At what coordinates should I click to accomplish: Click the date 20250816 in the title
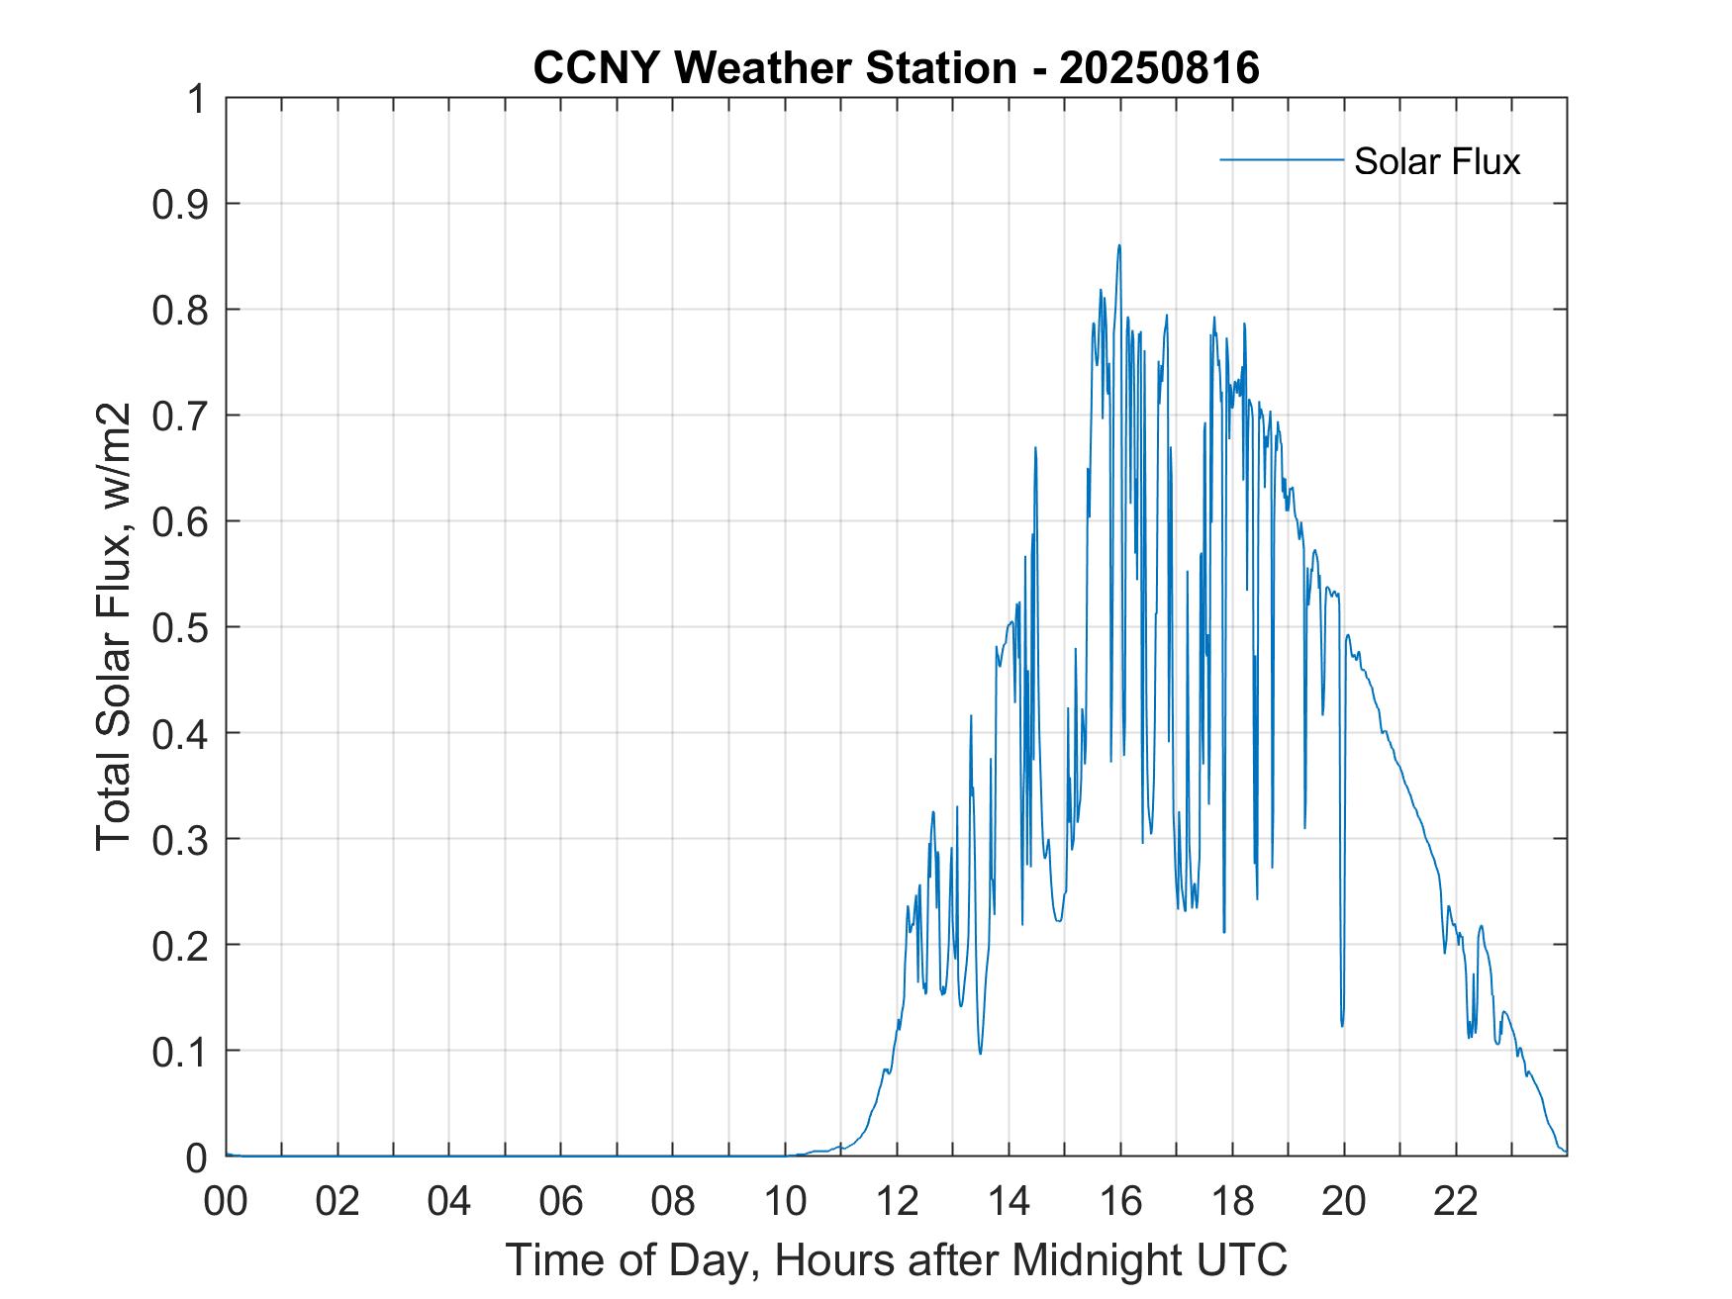[x=1159, y=68]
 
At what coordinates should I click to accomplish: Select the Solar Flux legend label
[x=1436, y=161]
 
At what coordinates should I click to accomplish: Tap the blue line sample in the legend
[x=1281, y=159]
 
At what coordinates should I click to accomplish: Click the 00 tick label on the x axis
[x=227, y=1202]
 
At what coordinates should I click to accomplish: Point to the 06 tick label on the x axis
[x=561, y=1202]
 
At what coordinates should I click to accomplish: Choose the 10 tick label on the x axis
[x=785, y=1202]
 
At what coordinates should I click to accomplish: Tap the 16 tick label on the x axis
[x=1120, y=1202]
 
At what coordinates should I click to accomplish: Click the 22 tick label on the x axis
[x=1456, y=1202]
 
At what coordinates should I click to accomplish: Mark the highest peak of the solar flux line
[x=1119, y=245]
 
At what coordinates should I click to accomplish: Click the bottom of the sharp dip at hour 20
[x=1343, y=1025]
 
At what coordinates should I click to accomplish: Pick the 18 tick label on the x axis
[x=1232, y=1202]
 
